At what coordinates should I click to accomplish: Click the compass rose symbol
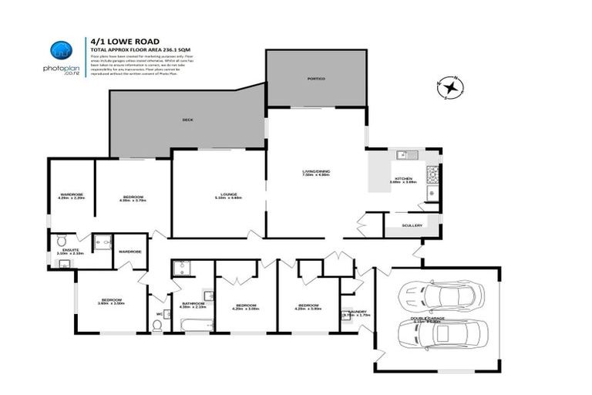pyautogui.click(x=448, y=87)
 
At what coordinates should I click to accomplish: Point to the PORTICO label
pyautogui.click(x=316, y=79)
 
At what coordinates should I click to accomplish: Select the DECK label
pyautogui.click(x=187, y=120)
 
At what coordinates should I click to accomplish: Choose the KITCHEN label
pyautogui.click(x=404, y=178)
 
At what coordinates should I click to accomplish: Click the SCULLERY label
pyautogui.click(x=412, y=225)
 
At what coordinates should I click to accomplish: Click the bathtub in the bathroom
pyautogui.click(x=188, y=325)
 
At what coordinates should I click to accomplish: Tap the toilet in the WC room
pyautogui.click(x=157, y=326)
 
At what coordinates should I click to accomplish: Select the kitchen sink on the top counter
pyautogui.click(x=402, y=155)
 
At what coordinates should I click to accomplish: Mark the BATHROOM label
pyautogui.click(x=193, y=303)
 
